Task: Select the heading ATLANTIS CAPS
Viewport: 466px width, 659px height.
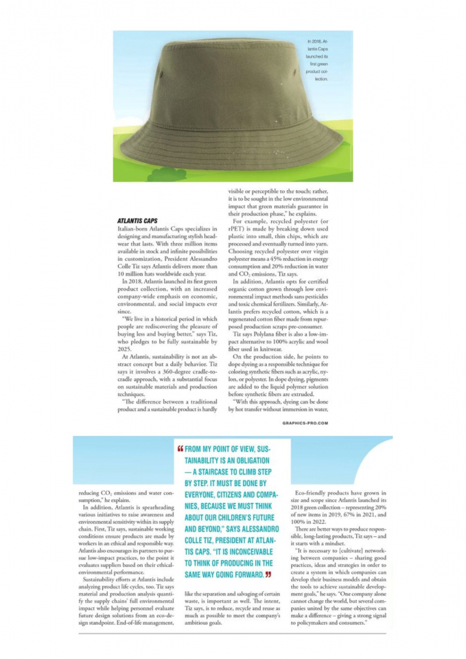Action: [x=138, y=220]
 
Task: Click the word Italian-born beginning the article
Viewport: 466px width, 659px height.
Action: [x=135, y=227]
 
